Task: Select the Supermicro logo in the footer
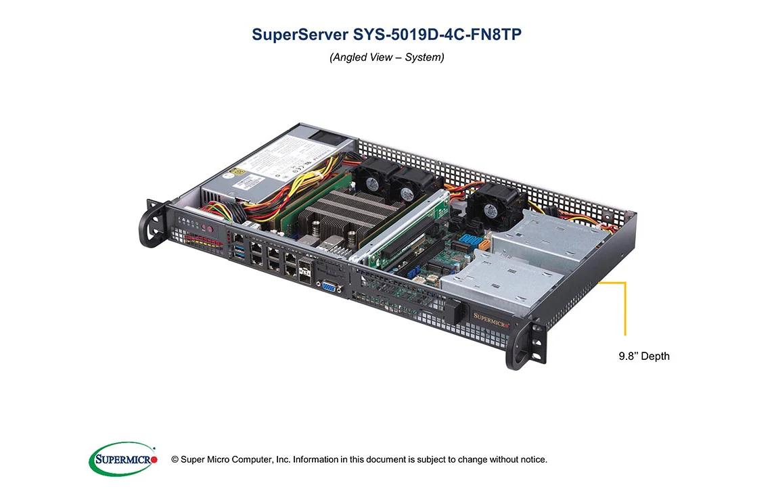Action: coord(123,459)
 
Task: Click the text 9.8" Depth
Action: coord(643,356)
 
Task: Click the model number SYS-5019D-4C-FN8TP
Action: coord(437,34)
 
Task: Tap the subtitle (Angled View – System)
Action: coord(386,57)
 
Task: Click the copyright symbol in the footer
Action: coord(175,460)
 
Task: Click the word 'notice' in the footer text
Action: coord(531,460)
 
